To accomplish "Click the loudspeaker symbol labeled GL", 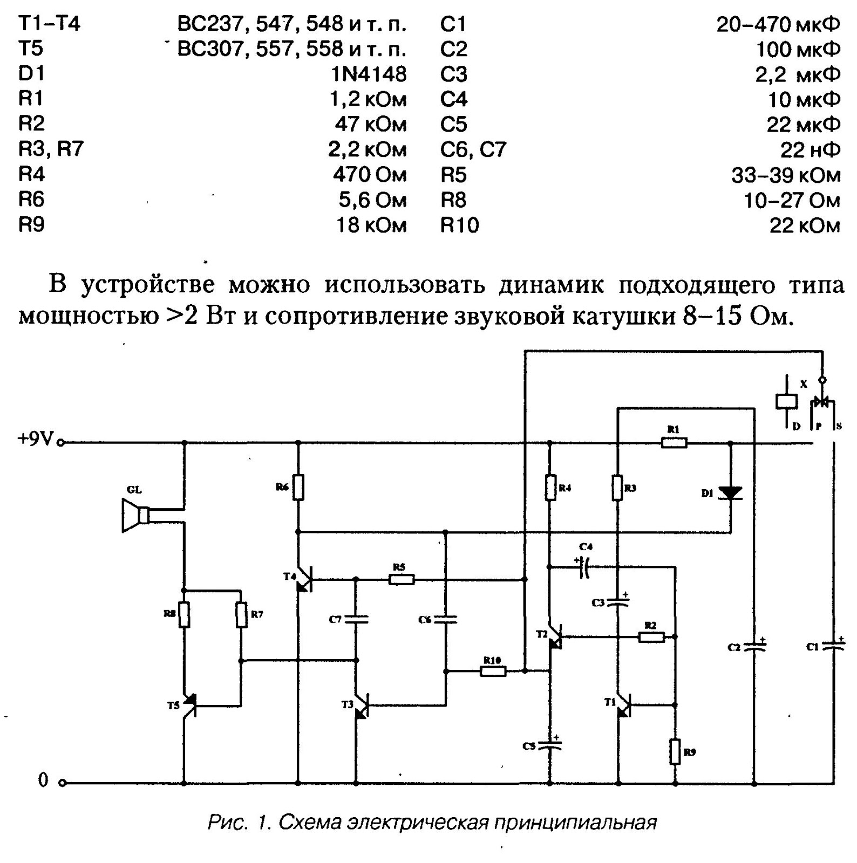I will (134, 516).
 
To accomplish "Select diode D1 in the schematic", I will (731, 493).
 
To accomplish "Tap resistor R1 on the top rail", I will (674, 443).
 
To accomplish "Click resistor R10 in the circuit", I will (493, 671).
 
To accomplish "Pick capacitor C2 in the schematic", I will (754, 646).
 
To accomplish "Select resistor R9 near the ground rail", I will (675, 752).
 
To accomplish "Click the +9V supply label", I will (36, 440).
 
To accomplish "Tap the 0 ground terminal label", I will (43, 780).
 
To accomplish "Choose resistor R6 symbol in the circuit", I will (298, 488).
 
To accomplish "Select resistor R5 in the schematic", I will (401, 579).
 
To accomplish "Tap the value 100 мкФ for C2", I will (798, 49).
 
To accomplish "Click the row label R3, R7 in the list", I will (51, 149).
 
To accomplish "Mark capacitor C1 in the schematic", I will (834, 646).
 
